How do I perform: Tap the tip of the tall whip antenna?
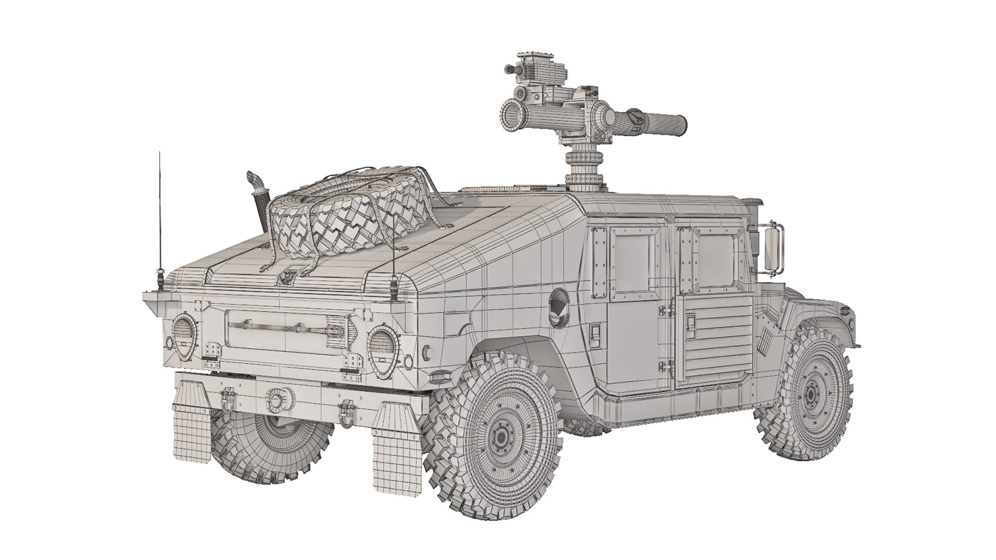(160, 153)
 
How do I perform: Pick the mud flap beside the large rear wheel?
(396, 446)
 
